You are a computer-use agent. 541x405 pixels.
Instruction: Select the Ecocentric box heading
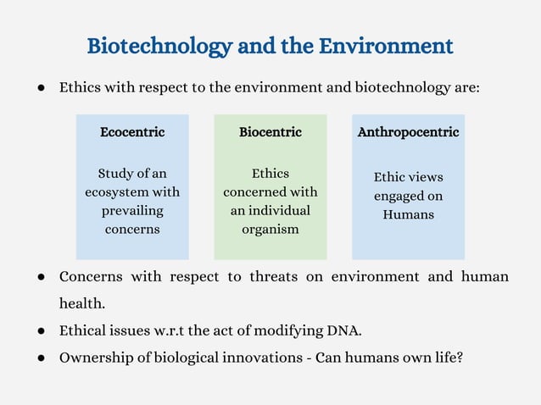tap(132, 132)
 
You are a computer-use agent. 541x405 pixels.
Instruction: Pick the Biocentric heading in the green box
tap(270, 132)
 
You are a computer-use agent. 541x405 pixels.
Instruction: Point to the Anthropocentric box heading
tap(408, 132)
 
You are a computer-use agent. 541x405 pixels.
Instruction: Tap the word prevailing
tap(132, 210)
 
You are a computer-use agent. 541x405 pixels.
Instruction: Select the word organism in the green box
tap(270, 229)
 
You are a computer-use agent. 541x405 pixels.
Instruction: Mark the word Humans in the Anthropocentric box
tap(408, 214)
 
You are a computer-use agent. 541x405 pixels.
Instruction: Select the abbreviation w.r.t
tap(186, 330)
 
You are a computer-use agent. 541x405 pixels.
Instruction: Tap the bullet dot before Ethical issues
tap(41, 330)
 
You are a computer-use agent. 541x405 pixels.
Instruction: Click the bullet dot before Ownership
tap(41, 358)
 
